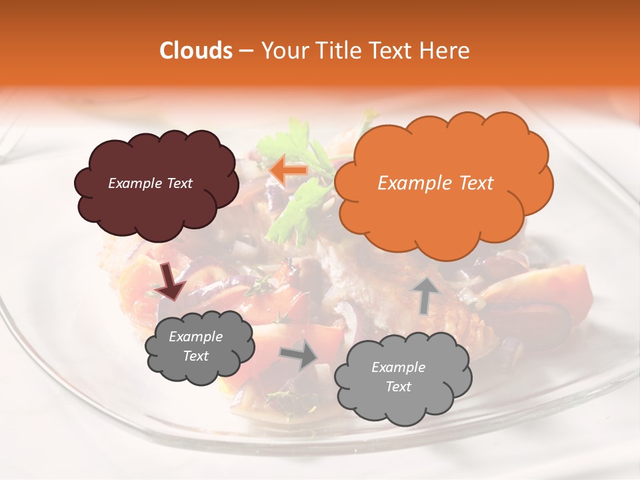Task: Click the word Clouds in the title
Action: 196,51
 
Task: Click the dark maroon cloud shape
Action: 156,207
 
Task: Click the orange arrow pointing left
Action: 288,171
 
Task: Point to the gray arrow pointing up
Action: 427,295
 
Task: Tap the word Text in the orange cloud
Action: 476,183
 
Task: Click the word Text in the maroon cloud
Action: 179,183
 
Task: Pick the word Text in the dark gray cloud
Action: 196,356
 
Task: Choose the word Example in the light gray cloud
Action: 398,367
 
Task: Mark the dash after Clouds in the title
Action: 245,51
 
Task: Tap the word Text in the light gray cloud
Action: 398,387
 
